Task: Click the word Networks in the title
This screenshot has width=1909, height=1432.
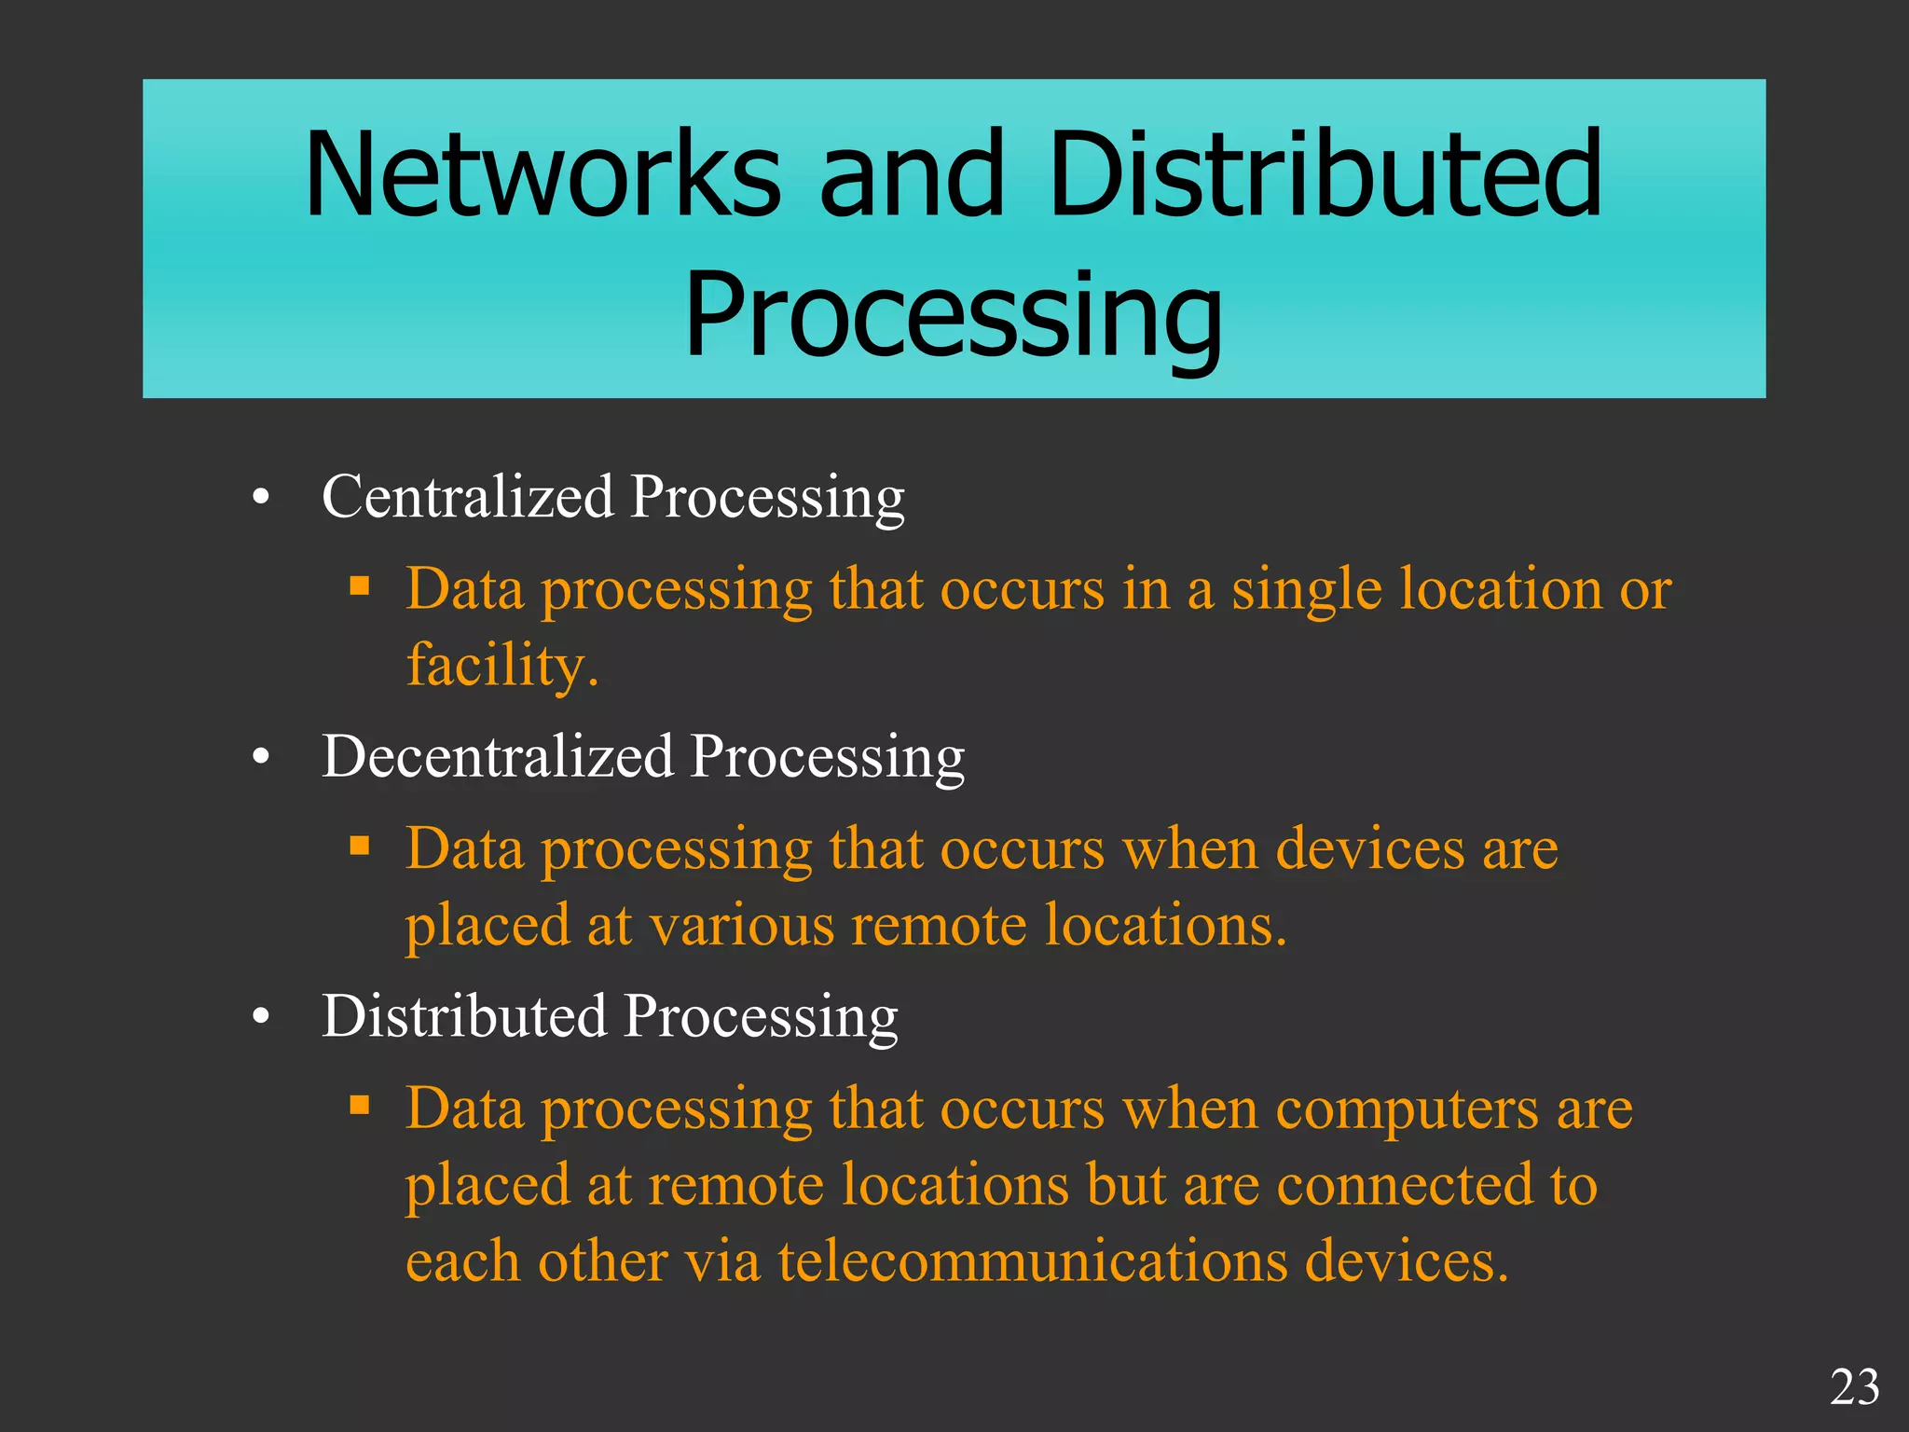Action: click(543, 176)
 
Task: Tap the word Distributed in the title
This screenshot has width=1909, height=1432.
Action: click(1325, 176)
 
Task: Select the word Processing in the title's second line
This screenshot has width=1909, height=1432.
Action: click(953, 314)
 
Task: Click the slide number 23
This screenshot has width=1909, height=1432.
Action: click(1854, 1387)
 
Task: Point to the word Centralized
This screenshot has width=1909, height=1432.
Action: click(467, 496)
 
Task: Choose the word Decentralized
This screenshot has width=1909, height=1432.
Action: click(497, 756)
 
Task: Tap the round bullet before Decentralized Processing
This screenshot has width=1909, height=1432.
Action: click(261, 758)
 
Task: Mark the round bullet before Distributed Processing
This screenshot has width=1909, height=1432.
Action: click(261, 1018)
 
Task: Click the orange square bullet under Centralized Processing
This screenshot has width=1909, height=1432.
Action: click(360, 586)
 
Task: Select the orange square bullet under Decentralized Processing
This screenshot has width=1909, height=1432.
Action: click(360, 847)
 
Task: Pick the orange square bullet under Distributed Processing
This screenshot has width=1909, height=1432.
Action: click(360, 1106)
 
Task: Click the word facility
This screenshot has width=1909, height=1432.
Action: click(501, 666)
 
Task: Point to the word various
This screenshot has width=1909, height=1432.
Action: click(741, 926)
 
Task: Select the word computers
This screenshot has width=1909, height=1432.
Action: click(1407, 1109)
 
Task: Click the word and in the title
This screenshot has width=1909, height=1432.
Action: click(913, 176)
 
